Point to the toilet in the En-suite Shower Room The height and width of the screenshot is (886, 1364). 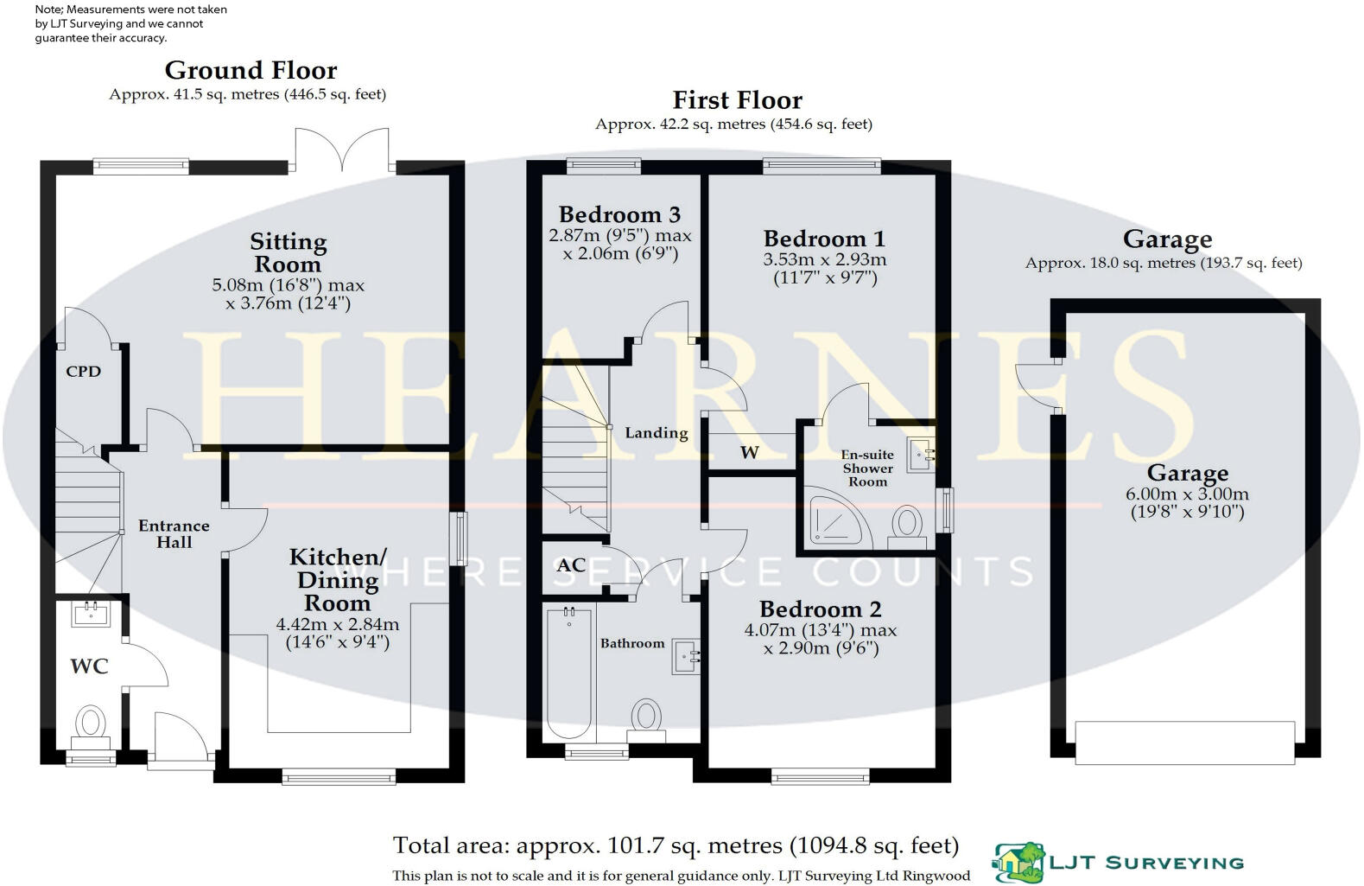[907, 525]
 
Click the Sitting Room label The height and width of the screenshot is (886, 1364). [289, 252]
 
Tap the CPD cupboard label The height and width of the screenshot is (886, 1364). [84, 372]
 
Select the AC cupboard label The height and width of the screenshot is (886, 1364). [571, 565]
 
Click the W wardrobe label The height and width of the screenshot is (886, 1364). [749, 452]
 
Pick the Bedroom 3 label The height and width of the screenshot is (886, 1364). [619, 214]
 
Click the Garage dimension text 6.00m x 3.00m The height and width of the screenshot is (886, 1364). [1187, 494]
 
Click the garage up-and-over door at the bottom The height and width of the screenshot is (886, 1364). [1184, 743]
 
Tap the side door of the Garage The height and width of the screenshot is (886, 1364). [1035, 386]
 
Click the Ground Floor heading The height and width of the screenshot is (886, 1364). [251, 70]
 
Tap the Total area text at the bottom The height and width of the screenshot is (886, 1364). [676, 845]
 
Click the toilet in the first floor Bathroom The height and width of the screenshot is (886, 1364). [646, 717]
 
